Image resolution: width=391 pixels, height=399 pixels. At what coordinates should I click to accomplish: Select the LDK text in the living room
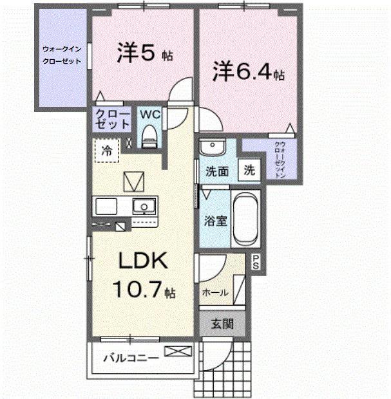142,261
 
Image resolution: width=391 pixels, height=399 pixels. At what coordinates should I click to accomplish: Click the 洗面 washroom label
217,172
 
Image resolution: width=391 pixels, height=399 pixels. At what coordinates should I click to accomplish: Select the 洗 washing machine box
248,171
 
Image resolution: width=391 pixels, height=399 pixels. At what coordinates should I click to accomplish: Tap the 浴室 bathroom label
215,220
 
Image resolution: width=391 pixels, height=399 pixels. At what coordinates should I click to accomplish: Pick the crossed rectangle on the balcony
178,351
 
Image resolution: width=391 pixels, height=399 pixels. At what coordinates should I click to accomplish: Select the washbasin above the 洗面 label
210,148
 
